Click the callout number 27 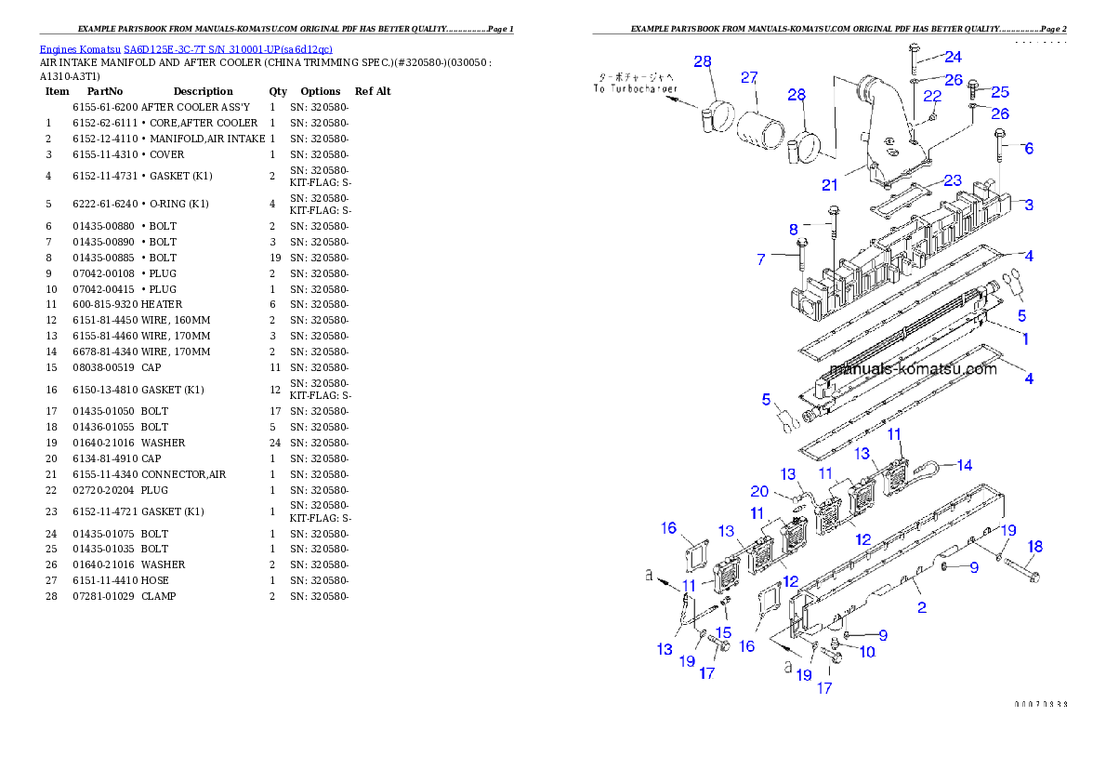coord(749,78)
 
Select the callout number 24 coord(954,57)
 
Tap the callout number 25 coord(1000,92)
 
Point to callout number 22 coord(932,96)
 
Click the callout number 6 coord(1028,148)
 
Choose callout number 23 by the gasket coord(953,180)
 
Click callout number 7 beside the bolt coord(761,259)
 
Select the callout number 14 coord(964,465)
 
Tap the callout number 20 coord(759,491)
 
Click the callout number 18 coord(1035,547)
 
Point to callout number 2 coord(921,608)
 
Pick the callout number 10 coord(866,652)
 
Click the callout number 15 coord(724,632)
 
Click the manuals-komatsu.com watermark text coord(913,369)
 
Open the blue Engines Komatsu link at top coord(186,49)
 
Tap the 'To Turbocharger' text coord(637,89)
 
